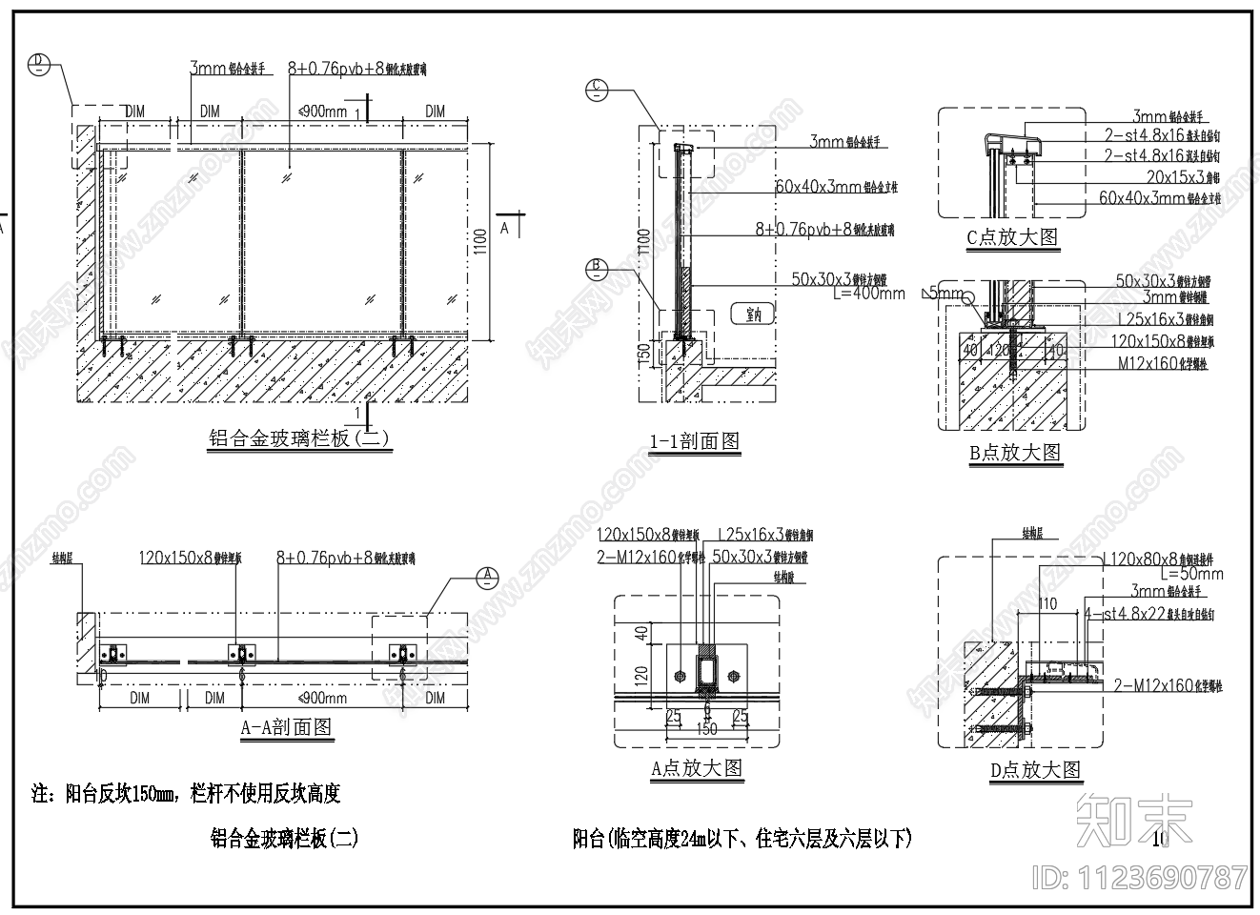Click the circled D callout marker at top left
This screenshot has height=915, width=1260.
click(x=38, y=63)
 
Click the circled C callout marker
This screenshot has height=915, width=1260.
click(x=596, y=90)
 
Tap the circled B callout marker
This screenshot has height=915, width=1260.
click(x=596, y=268)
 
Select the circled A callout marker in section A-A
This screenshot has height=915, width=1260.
click(x=487, y=576)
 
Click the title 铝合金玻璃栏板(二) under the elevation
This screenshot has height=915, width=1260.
click(x=298, y=438)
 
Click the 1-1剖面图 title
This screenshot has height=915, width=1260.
click(x=695, y=441)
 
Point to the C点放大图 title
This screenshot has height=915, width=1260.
click(x=1012, y=237)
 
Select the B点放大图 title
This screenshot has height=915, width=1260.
click(x=1015, y=453)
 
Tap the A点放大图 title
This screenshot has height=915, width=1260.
click(x=696, y=768)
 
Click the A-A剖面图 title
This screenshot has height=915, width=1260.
click(x=286, y=727)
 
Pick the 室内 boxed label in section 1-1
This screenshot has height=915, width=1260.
click(x=753, y=314)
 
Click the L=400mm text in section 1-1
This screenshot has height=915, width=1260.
click(x=868, y=293)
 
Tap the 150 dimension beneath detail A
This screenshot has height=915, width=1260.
click(x=706, y=729)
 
